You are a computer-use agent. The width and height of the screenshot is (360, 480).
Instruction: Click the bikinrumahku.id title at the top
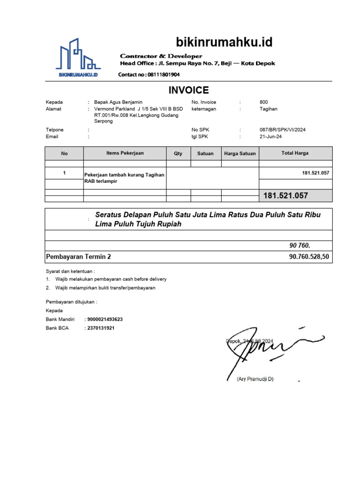click(224, 43)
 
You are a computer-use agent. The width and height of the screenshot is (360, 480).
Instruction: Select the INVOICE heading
click(188, 90)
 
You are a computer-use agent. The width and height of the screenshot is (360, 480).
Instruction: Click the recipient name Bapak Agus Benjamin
click(118, 102)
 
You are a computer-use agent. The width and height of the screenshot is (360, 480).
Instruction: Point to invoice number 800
click(264, 102)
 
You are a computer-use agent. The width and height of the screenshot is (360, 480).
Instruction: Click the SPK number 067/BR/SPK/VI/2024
click(282, 130)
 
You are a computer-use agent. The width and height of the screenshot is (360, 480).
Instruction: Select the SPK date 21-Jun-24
click(270, 137)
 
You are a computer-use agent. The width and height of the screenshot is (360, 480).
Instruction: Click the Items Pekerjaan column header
click(125, 153)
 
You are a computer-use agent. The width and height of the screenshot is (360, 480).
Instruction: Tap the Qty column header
click(178, 153)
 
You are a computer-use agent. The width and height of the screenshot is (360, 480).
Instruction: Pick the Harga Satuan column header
click(240, 153)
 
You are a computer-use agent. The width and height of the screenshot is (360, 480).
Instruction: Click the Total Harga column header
click(295, 153)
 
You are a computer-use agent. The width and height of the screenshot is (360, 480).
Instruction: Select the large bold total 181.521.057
click(286, 195)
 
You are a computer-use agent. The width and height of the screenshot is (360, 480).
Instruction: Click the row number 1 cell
click(64, 173)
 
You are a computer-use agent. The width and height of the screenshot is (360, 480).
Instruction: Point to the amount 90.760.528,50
click(309, 257)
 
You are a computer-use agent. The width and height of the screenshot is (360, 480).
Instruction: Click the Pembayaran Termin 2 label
click(78, 257)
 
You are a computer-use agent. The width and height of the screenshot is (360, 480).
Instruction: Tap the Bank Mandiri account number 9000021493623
click(105, 319)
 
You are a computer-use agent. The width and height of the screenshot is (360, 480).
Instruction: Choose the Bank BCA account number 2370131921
click(100, 328)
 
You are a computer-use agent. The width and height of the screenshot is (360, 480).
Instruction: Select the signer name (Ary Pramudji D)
click(255, 379)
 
